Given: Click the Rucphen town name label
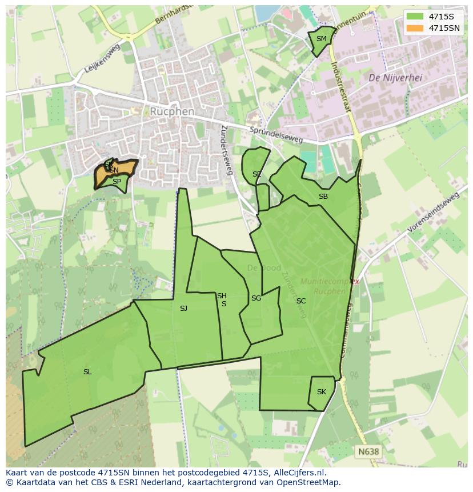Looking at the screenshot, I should coord(172,111).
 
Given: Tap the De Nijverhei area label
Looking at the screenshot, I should coord(395,78).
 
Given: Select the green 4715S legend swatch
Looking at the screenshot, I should coord(415,17).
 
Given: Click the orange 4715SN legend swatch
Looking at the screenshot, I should coord(415,28).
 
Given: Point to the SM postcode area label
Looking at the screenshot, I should coord(321,39).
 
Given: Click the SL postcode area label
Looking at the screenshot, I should coord(87,372).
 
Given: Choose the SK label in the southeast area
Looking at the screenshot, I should coord(321,392).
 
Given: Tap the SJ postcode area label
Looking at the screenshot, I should coord(183,309).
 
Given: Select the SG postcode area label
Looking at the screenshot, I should coord(256,298).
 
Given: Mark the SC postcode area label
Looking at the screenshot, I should coord(301,301).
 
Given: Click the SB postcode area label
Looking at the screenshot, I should coord(323,197).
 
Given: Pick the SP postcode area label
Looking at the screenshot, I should coord(117,182).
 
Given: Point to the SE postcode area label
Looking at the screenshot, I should coord(256,174).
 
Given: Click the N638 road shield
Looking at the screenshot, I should coord(368,451).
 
